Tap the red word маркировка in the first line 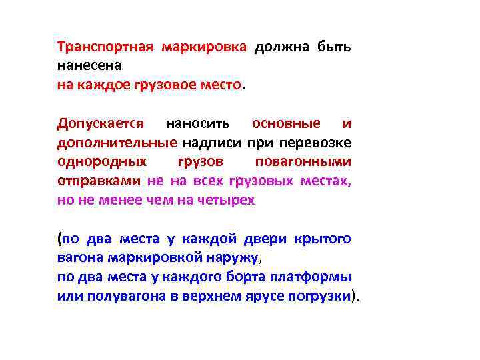(204, 47)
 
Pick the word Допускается (101, 124)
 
